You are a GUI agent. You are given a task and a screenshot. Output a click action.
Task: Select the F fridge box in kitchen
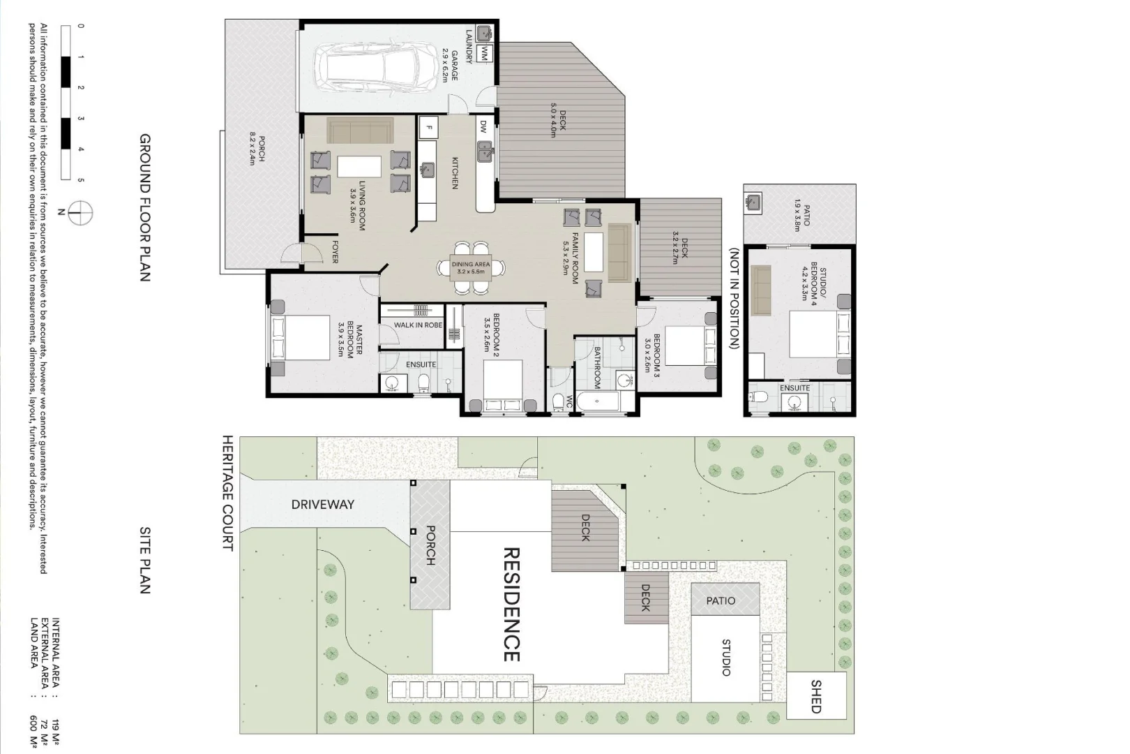coord(429,128)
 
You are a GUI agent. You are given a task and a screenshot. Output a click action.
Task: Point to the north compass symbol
coord(82,212)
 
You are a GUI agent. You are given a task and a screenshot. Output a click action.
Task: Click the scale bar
coord(66,103)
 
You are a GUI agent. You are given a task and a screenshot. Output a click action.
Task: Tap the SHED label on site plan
coord(816,695)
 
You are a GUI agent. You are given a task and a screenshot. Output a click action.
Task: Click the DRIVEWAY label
coord(322,504)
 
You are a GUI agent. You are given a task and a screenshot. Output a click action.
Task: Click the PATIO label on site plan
coord(721,600)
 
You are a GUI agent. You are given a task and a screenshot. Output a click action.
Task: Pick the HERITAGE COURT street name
coord(227,493)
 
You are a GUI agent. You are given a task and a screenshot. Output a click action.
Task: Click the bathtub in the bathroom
coord(598,401)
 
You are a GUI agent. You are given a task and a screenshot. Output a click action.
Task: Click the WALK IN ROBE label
coord(418,325)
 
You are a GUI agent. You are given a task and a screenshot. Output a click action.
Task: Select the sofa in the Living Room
coord(361,131)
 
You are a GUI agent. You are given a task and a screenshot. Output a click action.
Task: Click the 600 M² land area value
coord(34,732)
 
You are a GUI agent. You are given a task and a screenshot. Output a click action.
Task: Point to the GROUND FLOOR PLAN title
coord(145,207)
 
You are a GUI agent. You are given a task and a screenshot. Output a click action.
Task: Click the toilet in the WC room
coord(558,404)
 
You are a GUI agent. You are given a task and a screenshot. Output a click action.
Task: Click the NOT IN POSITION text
coord(734,298)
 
